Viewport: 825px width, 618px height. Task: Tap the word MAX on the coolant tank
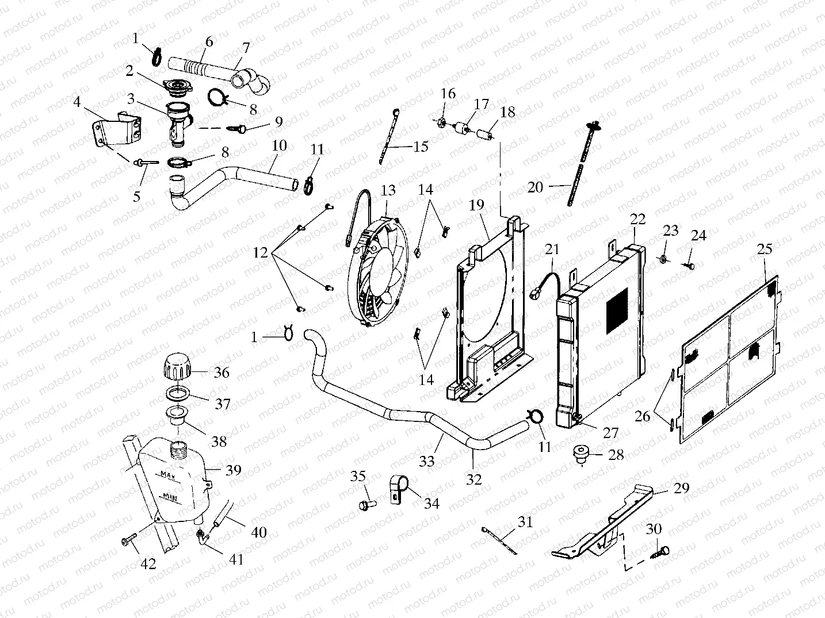(168, 475)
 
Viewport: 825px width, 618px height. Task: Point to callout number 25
(764, 249)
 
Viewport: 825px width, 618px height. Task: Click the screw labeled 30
(662, 553)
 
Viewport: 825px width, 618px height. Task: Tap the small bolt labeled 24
(689, 265)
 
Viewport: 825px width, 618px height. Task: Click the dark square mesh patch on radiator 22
(620, 311)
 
